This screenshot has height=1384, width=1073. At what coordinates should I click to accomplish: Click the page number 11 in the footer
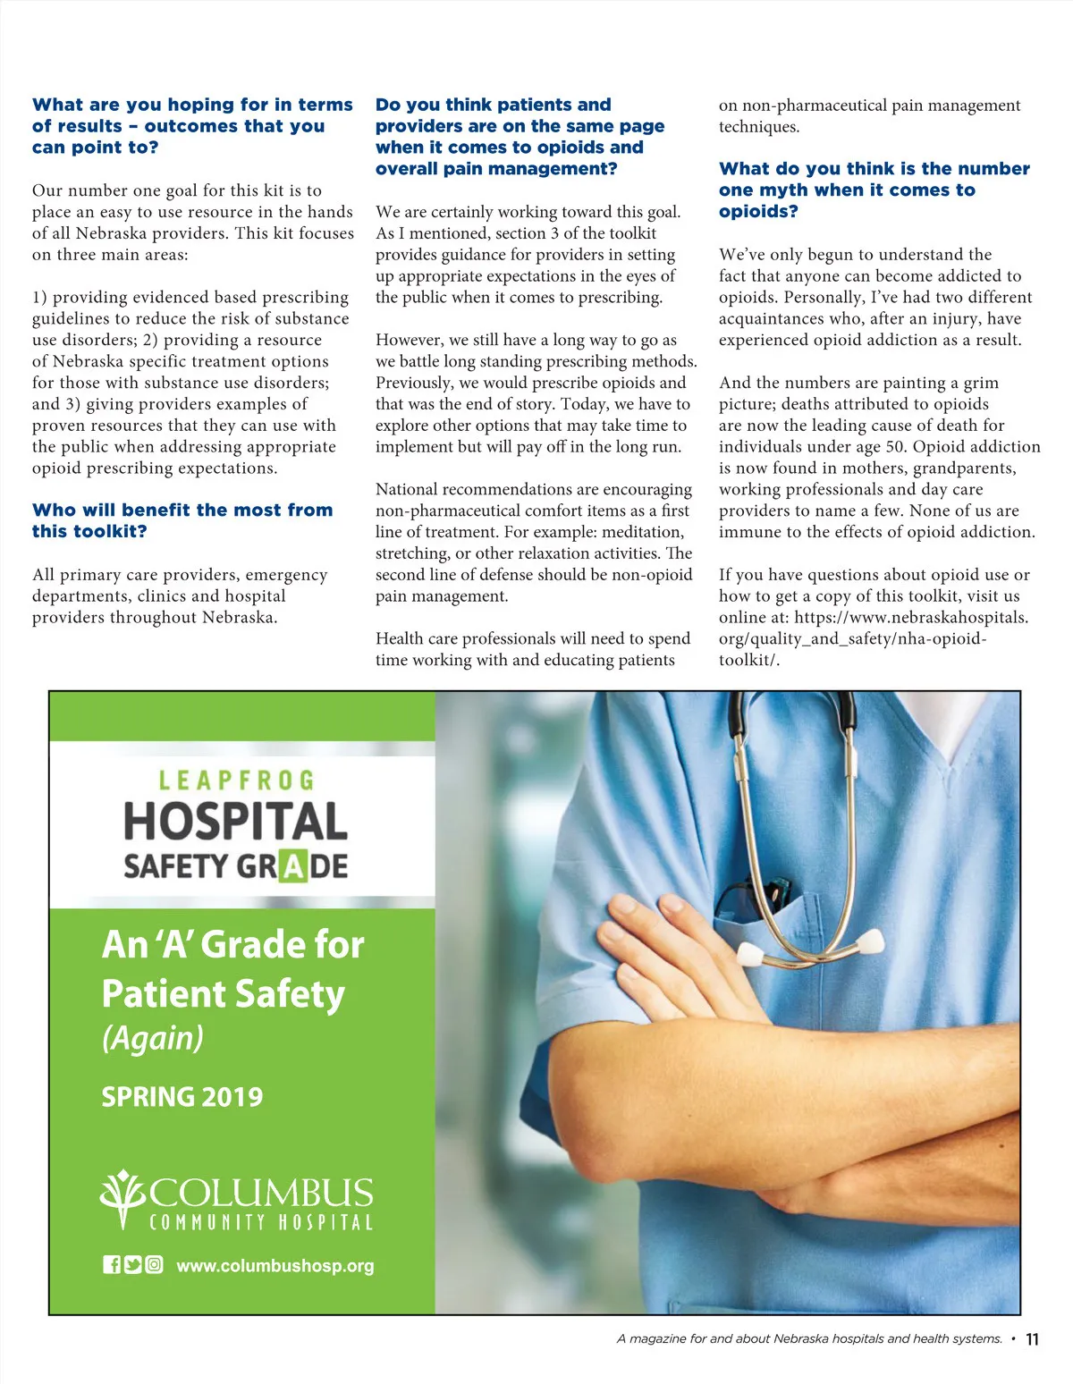(1032, 1339)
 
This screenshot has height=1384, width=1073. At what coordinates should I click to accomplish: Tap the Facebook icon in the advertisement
(112, 1264)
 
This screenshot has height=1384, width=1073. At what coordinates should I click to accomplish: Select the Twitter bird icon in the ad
(132, 1264)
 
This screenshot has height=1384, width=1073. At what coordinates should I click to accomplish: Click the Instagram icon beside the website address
(154, 1264)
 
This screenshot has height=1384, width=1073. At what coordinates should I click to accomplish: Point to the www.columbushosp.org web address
(275, 1266)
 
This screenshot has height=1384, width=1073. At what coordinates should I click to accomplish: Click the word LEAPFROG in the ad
(236, 781)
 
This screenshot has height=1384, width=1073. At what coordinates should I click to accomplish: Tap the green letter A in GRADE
(292, 866)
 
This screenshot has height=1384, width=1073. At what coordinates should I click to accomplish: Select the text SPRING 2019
(182, 1097)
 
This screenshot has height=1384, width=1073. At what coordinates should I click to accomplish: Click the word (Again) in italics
(153, 1038)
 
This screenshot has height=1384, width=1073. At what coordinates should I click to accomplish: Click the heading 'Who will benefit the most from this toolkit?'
(182, 520)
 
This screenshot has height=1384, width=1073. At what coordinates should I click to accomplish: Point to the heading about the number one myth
(874, 190)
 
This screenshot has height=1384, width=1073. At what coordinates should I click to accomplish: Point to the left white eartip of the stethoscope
(749, 955)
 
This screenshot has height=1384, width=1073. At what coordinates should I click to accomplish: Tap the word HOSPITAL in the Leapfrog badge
(235, 822)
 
